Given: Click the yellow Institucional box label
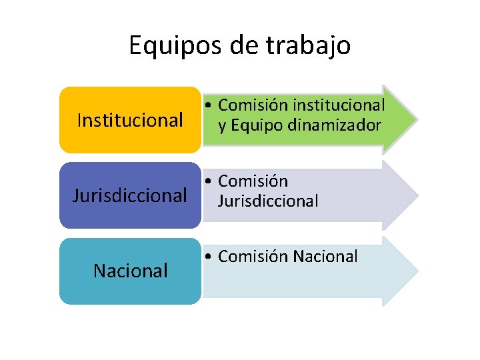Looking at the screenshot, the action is [130, 120].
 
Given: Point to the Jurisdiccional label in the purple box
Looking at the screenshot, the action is [130, 196].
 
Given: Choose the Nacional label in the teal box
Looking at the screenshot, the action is [130, 271].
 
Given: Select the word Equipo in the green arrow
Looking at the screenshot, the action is [258, 125].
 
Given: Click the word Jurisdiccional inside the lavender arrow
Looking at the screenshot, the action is [268, 201].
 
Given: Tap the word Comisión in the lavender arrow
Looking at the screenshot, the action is [253, 181].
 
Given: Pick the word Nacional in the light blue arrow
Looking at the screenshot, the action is [325, 257].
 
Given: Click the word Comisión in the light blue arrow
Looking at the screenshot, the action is [253, 257].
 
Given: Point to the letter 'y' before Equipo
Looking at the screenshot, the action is [223, 126].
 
